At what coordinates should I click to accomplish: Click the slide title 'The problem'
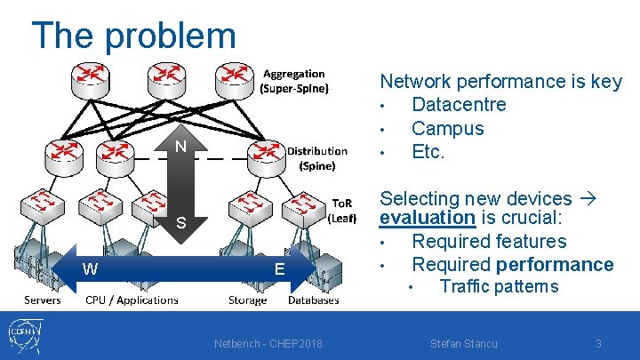[133, 36]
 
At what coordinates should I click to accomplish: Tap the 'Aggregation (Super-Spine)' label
[293, 81]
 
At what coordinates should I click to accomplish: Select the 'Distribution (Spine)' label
[316, 158]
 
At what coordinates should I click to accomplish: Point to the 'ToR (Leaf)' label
[342, 210]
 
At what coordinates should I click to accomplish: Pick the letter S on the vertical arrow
[180, 223]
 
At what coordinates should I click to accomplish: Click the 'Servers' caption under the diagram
[43, 300]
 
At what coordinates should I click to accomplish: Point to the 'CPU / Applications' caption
[132, 300]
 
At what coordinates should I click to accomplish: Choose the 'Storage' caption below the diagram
[247, 300]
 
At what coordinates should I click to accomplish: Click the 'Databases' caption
[313, 300]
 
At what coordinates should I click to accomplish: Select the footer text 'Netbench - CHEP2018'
[268, 344]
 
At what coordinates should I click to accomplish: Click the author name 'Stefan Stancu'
[463, 344]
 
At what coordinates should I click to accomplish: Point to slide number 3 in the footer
[598, 344]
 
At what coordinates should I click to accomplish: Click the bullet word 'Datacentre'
[459, 105]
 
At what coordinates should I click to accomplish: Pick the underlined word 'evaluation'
[428, 218]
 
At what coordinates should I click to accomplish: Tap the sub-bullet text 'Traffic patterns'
[499, 286]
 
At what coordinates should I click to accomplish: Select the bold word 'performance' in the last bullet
[555, 264]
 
